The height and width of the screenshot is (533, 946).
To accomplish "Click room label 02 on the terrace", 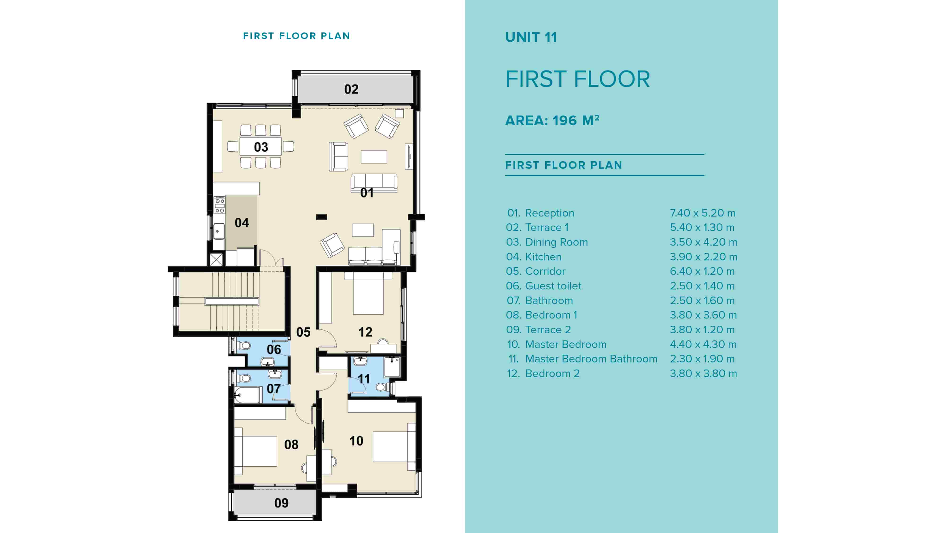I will click(x=351, y=89).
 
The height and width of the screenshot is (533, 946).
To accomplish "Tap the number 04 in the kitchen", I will click(x=242, y=223).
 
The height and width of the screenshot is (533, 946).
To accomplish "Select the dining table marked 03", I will click(x=261, y=147).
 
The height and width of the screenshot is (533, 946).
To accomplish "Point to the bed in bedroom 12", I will click(x=368, y=294).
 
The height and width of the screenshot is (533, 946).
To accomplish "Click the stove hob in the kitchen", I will click(x=220, y=205).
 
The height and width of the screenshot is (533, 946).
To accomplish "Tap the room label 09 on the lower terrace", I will click(x=281, y=503).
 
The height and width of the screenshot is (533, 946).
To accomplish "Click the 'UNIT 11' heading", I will click(x=531, y=37).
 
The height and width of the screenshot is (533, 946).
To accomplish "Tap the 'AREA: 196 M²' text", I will click(x=552, y=120).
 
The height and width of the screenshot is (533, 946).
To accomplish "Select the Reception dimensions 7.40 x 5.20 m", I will click(x=702, y=213).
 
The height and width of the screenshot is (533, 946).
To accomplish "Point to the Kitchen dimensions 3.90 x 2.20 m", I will click(x=703, y=257).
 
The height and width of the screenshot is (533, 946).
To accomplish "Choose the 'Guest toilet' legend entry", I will click(x=553, y=286).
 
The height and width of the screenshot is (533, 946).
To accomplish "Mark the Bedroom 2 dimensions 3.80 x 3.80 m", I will click(x=703, y=373).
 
